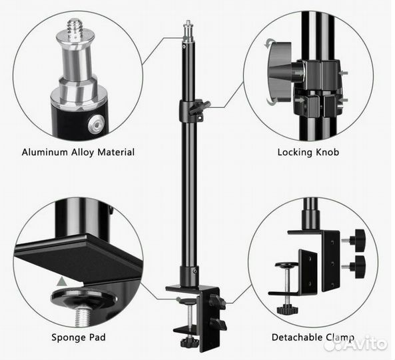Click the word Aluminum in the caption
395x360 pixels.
pyautogui.click(x=45, y=152)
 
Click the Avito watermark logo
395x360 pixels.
pyautogui.click(x=356, y=343)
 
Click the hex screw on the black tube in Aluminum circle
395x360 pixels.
pyautogui.click(x=96, y=124)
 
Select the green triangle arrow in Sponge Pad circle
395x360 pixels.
pyautogui.click(x=62, y=281)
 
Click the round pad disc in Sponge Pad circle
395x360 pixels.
pyautogui.click(x=84, y=299)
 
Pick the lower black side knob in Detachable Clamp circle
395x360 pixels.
pyautogui.click(x=360, y=267)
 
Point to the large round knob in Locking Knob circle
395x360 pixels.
pyautogui.click(x=280, y=71)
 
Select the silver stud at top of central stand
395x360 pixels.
pyautogui.click(x=189, y=30)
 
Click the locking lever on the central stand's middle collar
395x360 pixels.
pyautogui.click(x=199, y=107)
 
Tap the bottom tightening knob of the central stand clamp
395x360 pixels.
pyautogui.click(x=189, y=343)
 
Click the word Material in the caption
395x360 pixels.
pyautogui.click(x=116, y=152)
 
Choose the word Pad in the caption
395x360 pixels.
pyautogui.click(x=97, y=337)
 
